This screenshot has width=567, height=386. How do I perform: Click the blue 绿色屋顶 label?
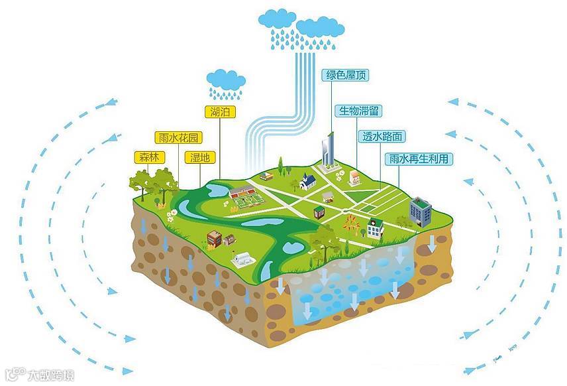coord(344,76)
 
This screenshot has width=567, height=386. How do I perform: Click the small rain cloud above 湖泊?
coord(226,80)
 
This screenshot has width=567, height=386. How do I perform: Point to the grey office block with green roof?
coord(419,212)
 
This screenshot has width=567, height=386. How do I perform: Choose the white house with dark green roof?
coord(375,227)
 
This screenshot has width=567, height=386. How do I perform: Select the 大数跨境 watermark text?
coord(50,375)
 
